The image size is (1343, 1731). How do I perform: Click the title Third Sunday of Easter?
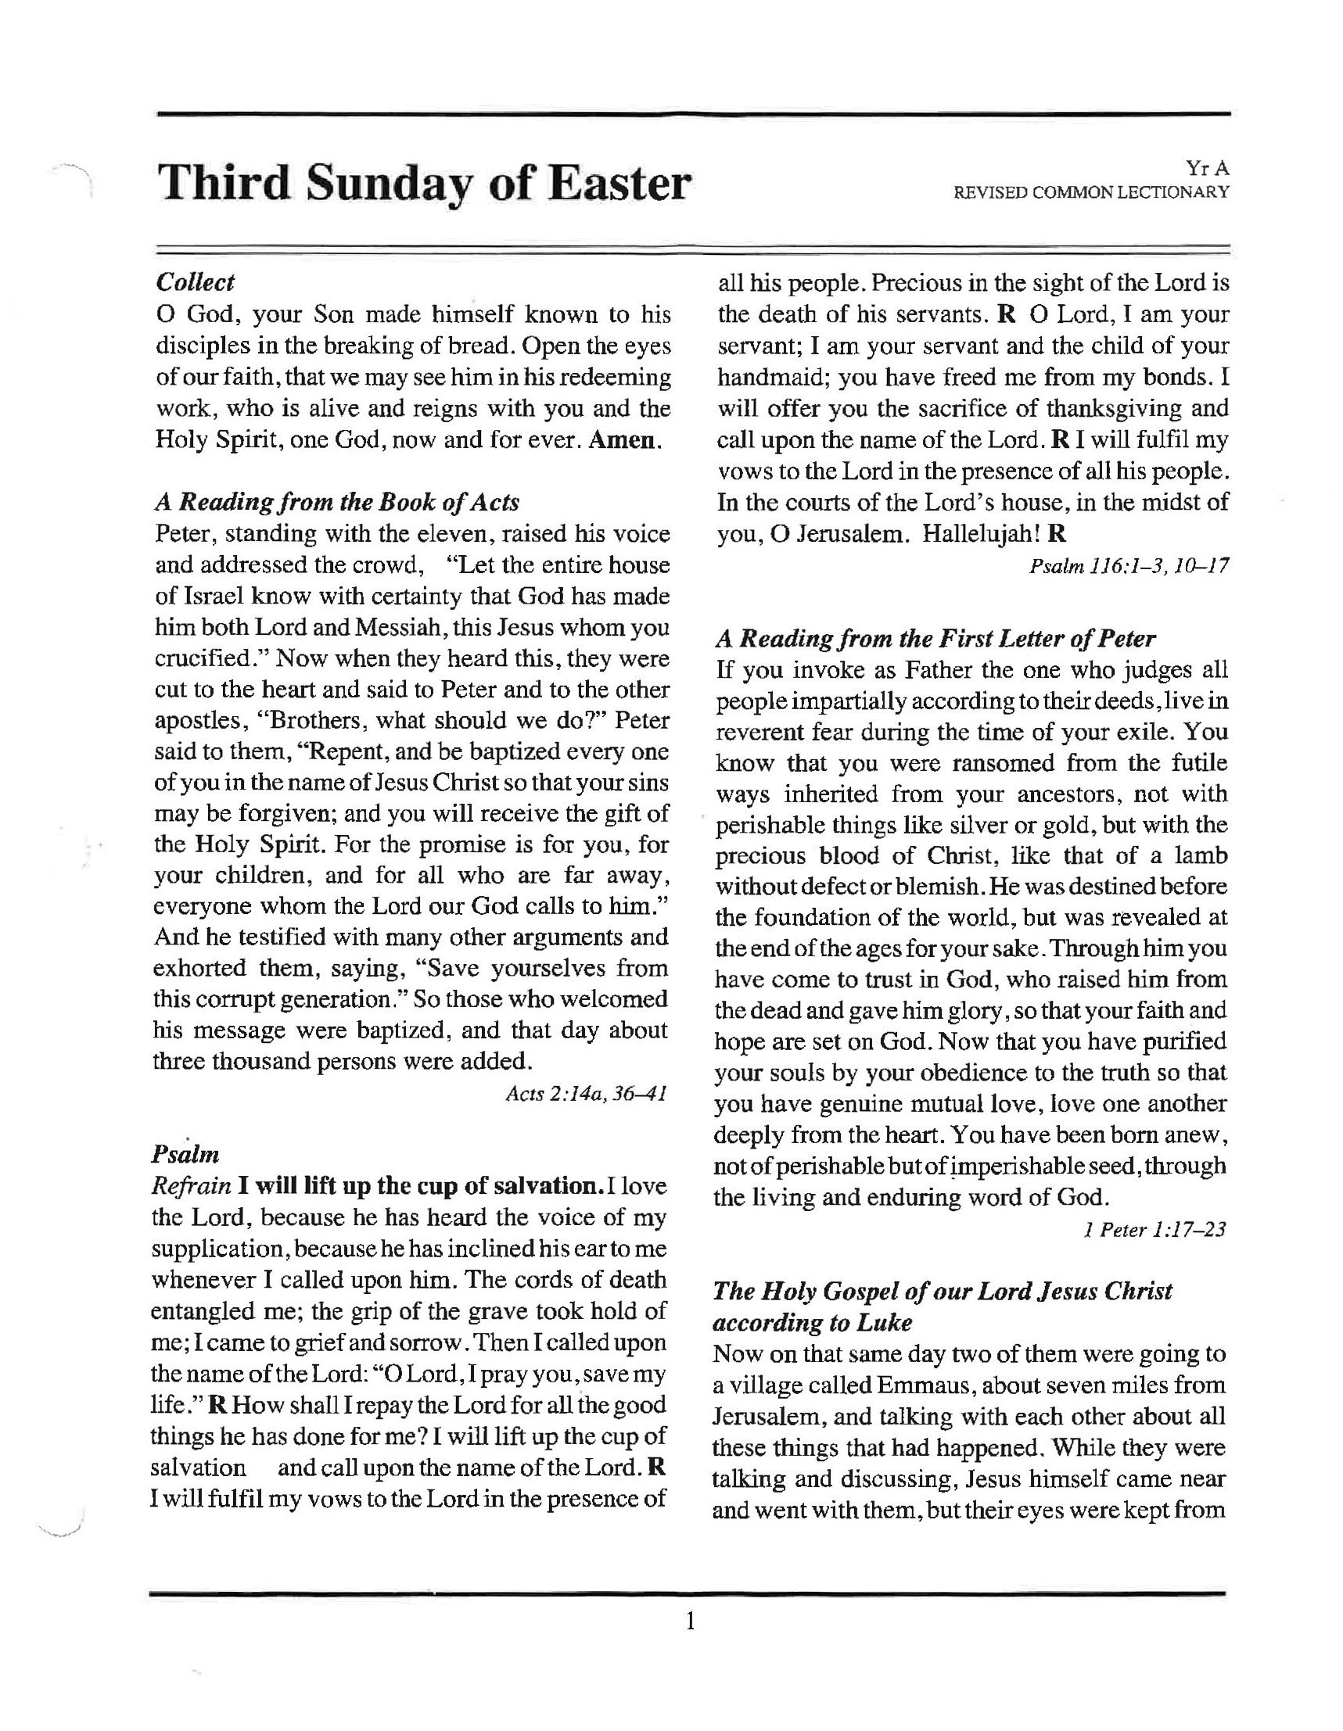coord(424,184)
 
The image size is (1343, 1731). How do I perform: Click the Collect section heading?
coord(195,282)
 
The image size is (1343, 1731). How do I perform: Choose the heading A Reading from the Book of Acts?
coord(337,502)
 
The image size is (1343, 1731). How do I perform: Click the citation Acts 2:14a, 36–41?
coord(586,1094)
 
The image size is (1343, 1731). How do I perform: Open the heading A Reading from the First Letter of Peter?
coord(935,638)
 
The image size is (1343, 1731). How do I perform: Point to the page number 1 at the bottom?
coord(690,1622)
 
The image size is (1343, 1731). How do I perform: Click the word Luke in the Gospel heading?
coord(883,1323)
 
